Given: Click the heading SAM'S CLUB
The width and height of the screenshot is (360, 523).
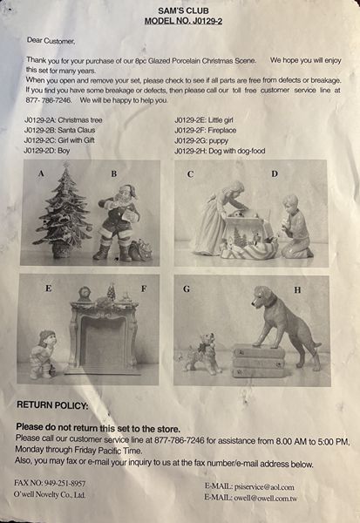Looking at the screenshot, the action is (183, 10).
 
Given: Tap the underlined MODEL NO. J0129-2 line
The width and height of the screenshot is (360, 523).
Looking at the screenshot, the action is (183, 21).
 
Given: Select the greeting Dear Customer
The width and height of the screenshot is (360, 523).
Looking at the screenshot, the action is (51, 41).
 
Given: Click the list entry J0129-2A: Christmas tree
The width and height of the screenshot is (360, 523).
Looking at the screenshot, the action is (63, 120).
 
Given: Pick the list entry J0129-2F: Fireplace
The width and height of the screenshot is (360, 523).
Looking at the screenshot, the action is (205, 131).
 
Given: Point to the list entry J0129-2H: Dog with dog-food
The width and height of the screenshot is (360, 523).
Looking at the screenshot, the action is (220, 151).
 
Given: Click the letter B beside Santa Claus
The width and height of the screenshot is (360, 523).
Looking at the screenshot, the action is (114, 173).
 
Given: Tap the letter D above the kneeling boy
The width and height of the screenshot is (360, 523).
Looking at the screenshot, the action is (275, 173).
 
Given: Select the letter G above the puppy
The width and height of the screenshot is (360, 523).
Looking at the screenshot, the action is (187, 289).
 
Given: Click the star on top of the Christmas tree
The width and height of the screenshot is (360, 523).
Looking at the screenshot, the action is (66, 164).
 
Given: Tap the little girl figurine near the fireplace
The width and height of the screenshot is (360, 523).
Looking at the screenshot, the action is (42, 354).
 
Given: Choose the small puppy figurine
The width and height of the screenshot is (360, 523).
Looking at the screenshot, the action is (200, 353).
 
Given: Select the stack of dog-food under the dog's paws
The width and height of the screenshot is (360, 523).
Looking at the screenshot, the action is (259, 361).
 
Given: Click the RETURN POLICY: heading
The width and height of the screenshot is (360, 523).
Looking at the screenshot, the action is (52, 405).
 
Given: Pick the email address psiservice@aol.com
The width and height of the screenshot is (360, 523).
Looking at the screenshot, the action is (264, 487).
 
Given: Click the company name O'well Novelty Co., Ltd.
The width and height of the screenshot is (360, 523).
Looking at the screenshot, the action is (50, 494).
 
